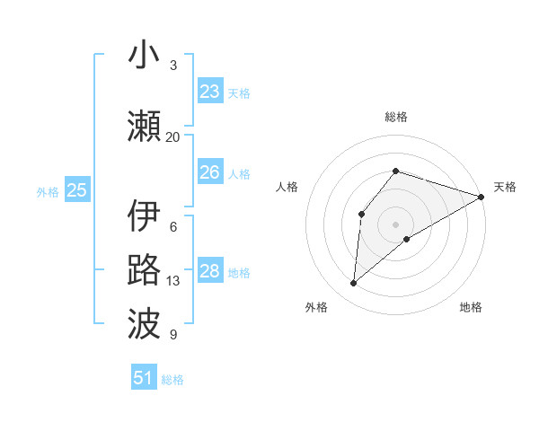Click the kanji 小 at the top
pos(145,56)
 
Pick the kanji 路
pos(145,270)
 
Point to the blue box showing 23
pos(210,92)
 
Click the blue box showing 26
pos(210,172)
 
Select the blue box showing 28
pos(210,271)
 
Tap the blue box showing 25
pos(77,190)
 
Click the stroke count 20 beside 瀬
pos(172,137)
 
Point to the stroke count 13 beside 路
pos(173,281)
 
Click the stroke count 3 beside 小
pos(173,66)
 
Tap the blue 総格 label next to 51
pos(172,380)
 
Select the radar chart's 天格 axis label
pos(505,187)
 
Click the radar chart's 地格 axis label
pos(471,307)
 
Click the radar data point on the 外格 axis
pos(354,284)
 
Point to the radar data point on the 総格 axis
pos(395,171)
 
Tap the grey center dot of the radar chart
pos(395,224)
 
